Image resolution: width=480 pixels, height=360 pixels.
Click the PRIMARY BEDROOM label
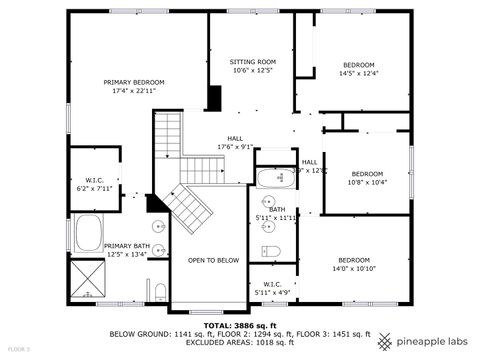pos(134,82)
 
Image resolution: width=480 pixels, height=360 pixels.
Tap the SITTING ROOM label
pos(252,61)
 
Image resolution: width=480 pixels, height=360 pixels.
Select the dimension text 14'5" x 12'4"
pos(357,73)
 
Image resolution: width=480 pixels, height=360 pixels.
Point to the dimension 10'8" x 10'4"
pos(366,182)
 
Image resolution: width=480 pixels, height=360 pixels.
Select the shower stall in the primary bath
pos(87,281)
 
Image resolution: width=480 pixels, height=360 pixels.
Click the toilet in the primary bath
pos(160,293)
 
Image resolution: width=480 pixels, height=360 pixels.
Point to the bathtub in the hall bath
pos(271,180)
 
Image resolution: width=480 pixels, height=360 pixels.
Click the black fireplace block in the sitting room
pos(213,98)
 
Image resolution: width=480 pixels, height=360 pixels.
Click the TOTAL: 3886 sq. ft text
pos(239,325)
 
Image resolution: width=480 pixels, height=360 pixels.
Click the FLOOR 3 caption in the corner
pos(17,349)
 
